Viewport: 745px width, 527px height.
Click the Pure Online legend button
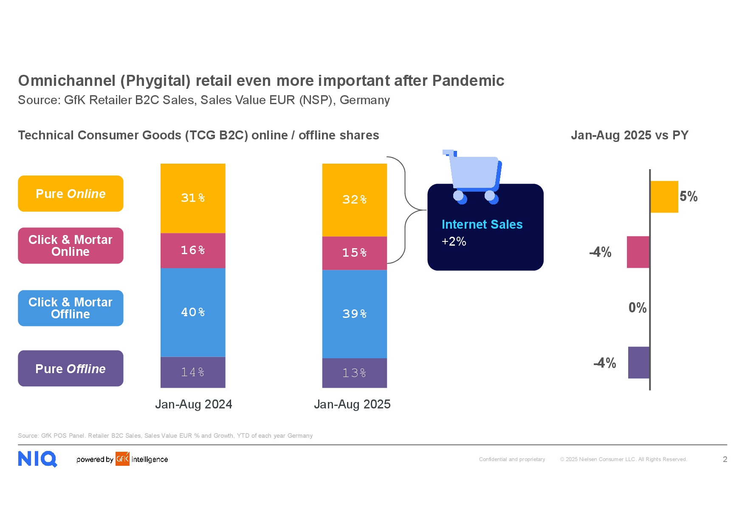[x=71, y=193]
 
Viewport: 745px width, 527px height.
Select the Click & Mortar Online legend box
[x=71, y=246]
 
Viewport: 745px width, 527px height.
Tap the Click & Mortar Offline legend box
[x=71, y=308]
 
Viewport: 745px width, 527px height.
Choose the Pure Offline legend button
[x=71, y=368]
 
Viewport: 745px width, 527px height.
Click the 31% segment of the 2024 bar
[x=193, y=198]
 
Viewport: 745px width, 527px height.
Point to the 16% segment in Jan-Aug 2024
[x=193, y=250]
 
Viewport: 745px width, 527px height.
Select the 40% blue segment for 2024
[x=193, y=312]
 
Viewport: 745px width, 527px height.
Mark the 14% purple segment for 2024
[x=193, y=372]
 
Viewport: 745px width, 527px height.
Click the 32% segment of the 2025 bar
[x=355, y=200]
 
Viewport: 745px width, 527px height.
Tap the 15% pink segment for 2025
[x=355, y=253]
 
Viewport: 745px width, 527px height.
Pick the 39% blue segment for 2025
[x=355, y=314]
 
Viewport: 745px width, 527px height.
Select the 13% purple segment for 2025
[x=355, y=373]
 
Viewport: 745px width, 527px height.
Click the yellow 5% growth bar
[x=664, y=197]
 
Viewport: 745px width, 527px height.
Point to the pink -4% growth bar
[x=638, y=252]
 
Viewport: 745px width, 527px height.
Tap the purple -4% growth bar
[x=639, y=363]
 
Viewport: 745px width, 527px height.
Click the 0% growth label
[x=638, y=308]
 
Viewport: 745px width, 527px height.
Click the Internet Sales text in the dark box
[x=482, y=224]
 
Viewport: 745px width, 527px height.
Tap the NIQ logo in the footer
[x=37, y=459]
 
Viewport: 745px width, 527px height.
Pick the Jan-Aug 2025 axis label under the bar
[x=352, y=404]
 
